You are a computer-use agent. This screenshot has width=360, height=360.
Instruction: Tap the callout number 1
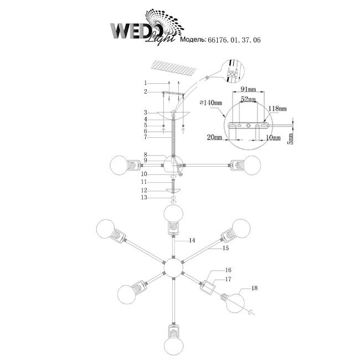[x=145, y=83]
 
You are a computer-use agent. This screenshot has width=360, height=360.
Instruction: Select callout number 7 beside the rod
[x=145, y=137]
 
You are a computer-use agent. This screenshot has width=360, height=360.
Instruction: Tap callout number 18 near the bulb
[x=254, y=288]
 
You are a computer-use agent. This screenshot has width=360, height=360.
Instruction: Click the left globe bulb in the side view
[x=118, y=164]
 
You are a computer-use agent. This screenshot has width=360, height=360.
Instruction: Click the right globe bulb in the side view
[x=253, y=164]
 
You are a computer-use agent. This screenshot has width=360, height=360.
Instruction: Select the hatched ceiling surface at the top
[x=176, y=68]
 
